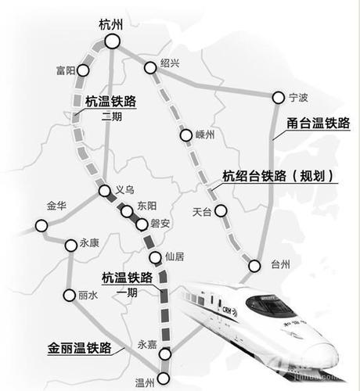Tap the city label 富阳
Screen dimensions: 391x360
[x=67, y=70]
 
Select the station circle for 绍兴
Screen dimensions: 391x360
[x=149, y=66]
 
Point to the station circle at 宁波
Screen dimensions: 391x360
[x=277, y=98]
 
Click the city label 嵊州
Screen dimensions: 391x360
[x=204, y=135]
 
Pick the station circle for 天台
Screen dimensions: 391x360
[x=221, y=210]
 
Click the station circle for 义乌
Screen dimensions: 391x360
[x=104, y=191]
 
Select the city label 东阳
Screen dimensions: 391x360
[x=146, y=205]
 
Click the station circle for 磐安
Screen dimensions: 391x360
[x=142, y=224]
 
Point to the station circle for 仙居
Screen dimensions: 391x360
[x=153, y=257]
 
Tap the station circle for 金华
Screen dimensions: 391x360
[x=41, y=226]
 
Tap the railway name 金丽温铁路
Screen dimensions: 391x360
[x=78, y=346]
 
